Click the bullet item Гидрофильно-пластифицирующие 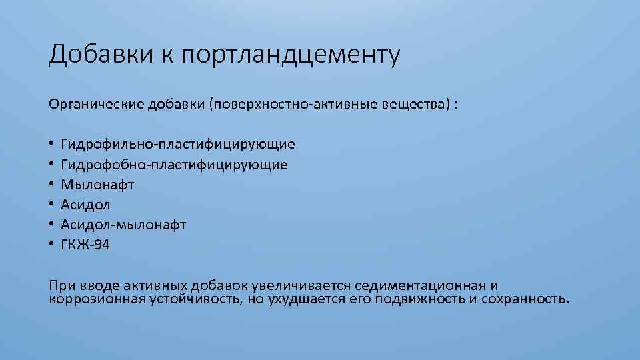pyautogui.click(x=178, y=144)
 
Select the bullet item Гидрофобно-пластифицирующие pyautogui.click(x=175, y=164)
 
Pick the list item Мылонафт pyautogui.click(x=97, y=184)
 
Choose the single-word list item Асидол pyautogui.click(x=86, y=205)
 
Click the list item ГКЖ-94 pyautogui.click(x=85, y=245)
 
